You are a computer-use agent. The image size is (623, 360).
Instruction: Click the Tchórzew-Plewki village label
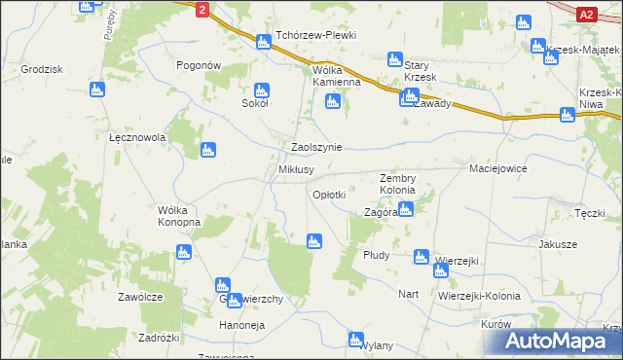tap(315, 35)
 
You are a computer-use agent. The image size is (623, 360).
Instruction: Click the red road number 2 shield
tap(201, 9)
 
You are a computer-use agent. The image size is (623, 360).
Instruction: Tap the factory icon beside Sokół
tap(249, 90)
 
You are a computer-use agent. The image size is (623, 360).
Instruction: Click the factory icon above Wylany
tap(355, 339)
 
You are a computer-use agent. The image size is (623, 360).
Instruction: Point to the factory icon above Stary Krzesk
tap(394, 58)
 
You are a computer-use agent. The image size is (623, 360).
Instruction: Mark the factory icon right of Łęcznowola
tap(207, 150)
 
